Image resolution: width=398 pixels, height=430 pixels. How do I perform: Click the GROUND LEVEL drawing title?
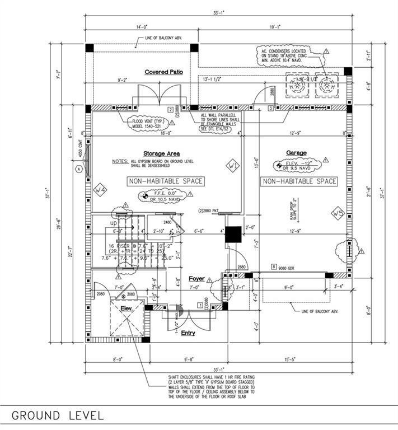[57, 415]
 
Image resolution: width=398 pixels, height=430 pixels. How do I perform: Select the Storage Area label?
[161, 153]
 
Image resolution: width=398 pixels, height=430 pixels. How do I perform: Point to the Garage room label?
[296, 152]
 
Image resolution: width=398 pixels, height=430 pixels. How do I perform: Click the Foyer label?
[196, 279]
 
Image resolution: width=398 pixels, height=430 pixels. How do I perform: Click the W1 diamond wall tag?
[232, 166]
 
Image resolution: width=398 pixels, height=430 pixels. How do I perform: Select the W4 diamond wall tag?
[100, 190]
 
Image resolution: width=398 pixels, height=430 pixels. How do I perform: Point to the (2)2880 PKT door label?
[210, 211]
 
